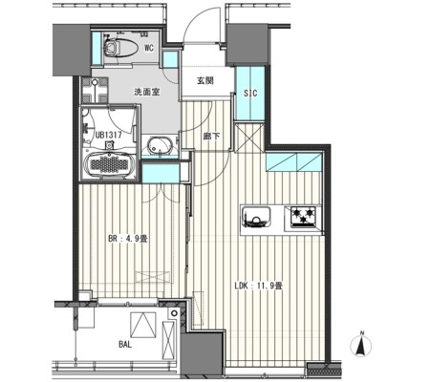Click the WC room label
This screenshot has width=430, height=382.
coord(149,48)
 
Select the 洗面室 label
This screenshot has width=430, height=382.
coord(146,93)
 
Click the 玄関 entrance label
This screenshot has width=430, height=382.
coord(204,80)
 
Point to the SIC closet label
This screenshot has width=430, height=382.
coord(250,94)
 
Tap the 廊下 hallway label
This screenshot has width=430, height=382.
coord(211,137)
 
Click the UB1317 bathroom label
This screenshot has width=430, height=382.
coord(109,135)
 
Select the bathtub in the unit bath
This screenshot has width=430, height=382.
coord(109,164)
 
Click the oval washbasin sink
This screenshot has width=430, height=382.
coord(161,146)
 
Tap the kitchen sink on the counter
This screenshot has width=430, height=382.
coord(256,217)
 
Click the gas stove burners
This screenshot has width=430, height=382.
coord(303,217)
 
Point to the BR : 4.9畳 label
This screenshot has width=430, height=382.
coord(128,239)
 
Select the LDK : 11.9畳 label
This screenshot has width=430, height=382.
coord(258,286)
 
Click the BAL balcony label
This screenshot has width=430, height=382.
coord(125,344)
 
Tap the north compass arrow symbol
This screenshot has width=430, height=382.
coord(361,345)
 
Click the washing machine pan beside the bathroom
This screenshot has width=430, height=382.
coord(95,90)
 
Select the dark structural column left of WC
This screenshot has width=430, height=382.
coord(72,50)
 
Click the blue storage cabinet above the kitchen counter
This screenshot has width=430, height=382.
coord(294,162)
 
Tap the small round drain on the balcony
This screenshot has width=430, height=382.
coord(174,313)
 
